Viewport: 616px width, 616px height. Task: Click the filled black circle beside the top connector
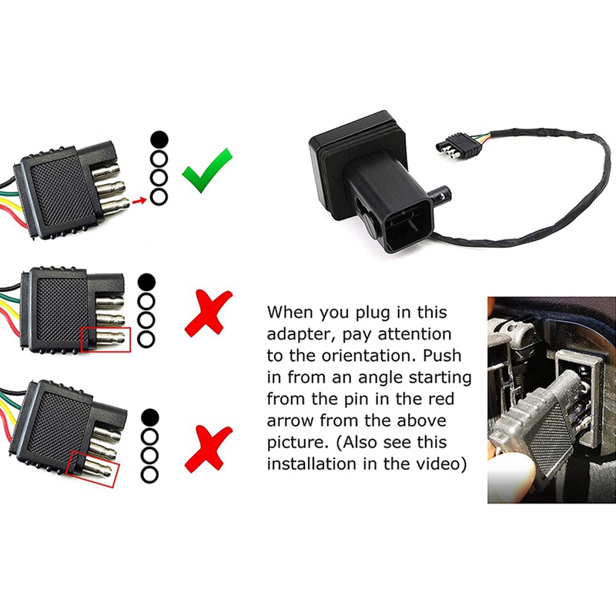point(158,139)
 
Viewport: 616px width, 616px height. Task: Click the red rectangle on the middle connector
point(105,340)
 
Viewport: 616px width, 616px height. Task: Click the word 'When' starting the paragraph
point(292,313)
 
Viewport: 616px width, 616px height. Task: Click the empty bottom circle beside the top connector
point(158,197)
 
